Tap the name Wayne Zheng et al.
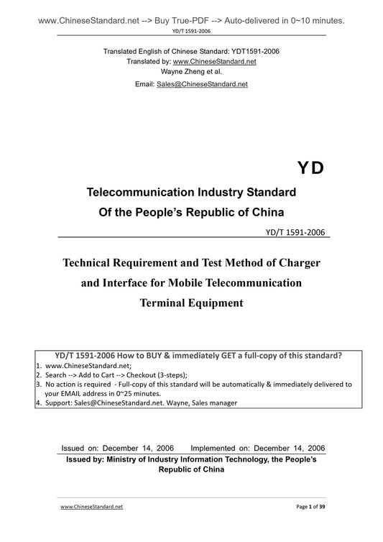tap(191, 72)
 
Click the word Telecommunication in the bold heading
tap(140, 193)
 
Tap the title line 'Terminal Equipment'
tap(191, 303)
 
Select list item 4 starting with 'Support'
tap(137, 403)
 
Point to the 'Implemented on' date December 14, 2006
tap(286, 448)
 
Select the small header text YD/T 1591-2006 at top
tap(191, 32)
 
